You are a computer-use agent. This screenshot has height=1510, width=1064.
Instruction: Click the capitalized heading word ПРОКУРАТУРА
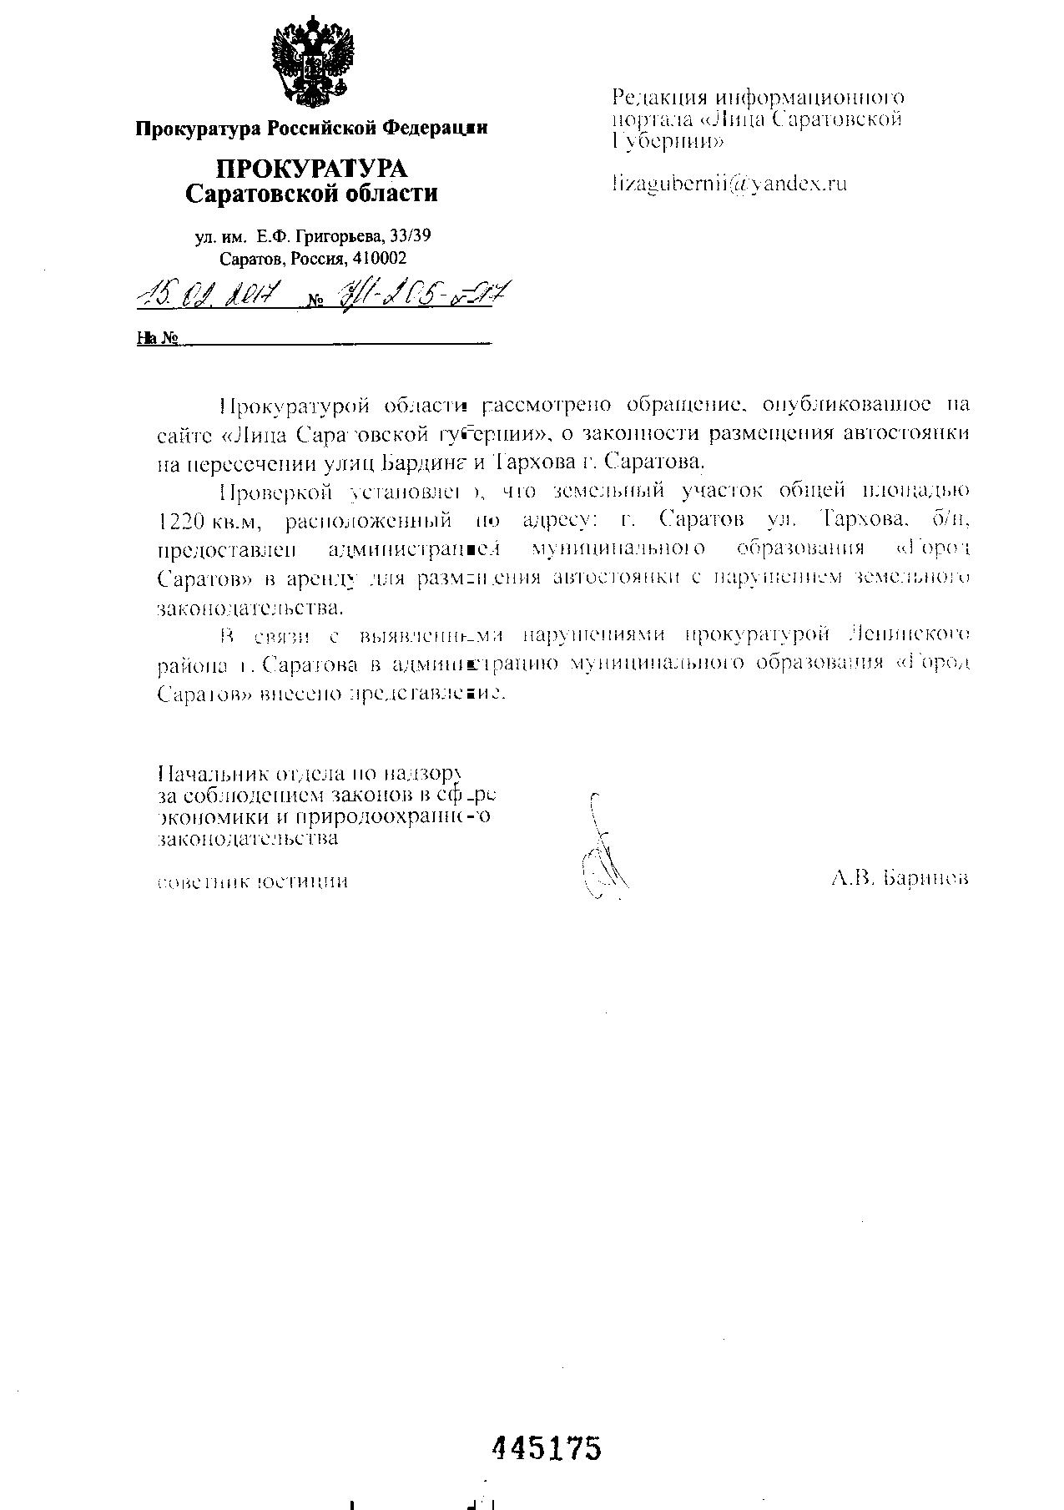pos(311,169)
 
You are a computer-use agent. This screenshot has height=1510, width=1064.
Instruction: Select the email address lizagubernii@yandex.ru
pos(729,184)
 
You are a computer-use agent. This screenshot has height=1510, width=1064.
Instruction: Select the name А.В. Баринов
pos(900,878)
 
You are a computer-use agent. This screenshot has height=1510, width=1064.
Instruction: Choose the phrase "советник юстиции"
pos(253,881)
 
